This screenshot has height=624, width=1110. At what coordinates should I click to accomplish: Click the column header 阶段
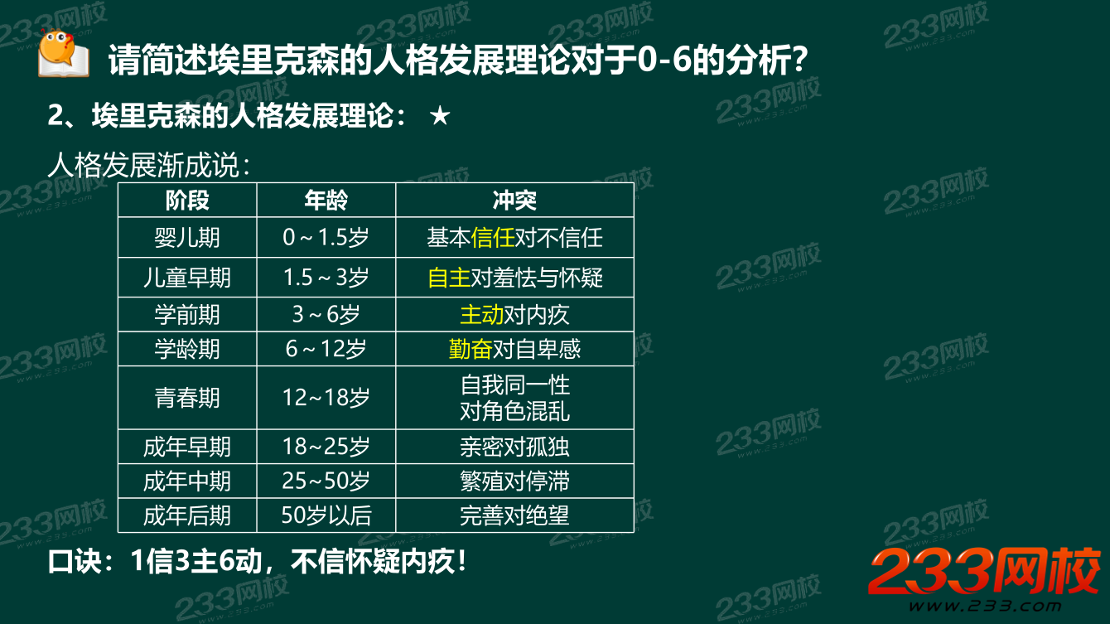tap(187, 201)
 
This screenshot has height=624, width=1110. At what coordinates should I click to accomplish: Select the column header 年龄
tap(326, 201)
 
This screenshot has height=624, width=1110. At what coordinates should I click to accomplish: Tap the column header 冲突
tap(514, 201)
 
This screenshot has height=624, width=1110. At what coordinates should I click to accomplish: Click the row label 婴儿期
tap(187, 239)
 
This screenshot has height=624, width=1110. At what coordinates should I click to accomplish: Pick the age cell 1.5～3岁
tap(326, 278)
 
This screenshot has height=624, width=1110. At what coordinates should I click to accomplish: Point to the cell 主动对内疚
tap(514, 315)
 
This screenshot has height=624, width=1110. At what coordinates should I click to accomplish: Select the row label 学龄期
tap(187, 349)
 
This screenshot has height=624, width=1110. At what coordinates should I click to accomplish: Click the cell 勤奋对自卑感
tap(514, 349)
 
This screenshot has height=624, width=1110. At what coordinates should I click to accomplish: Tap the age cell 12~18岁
tap(326, 398)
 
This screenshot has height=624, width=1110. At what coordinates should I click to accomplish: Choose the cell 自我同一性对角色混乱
tap(514, 398)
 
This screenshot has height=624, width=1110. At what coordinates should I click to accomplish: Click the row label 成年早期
tap(187, 447)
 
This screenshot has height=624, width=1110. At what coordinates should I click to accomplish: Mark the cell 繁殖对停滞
tap(514, 481)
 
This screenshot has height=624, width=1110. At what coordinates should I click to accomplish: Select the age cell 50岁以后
tap(326, 515)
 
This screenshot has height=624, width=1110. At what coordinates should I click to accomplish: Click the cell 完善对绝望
tap(514, 515)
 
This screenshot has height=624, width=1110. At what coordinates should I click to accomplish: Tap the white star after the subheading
tap(440, 116)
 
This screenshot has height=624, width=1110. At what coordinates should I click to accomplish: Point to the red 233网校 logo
tap(983, 572)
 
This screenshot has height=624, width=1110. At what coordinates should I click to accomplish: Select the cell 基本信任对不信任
tap(514, 239)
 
